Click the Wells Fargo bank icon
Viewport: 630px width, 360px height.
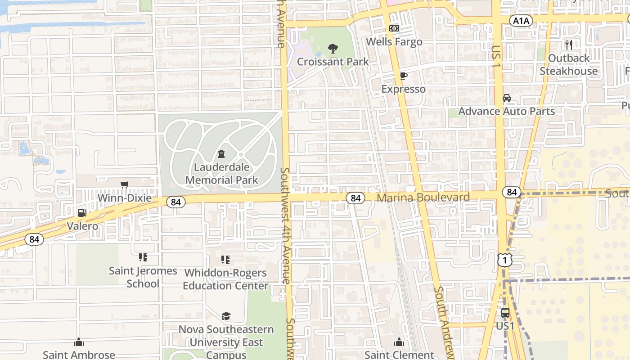coord(394,28)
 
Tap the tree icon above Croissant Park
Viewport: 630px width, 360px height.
coord(333,48)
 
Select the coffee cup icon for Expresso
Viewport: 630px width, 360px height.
coord(403,76)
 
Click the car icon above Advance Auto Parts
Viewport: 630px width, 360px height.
coord(507,98)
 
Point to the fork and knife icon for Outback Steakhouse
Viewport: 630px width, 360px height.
coord(569,45)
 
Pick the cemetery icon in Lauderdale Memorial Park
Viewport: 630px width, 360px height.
coord(221,154)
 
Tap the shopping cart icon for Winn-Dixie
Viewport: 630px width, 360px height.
coord(125,184)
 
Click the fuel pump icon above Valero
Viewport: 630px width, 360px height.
coord(82,212)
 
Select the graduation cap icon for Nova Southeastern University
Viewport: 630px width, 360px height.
coord(226,316)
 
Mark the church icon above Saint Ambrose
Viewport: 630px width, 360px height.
coord(79,342)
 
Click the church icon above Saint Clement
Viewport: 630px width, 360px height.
coord(399,342)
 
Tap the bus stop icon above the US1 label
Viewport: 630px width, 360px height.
coord(505,313)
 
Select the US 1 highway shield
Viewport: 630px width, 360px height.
coord(505,260)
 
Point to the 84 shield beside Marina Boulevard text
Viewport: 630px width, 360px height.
coord(355,198)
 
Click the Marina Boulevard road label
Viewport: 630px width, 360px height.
coord(423,198)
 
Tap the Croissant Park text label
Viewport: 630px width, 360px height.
coord(333,62)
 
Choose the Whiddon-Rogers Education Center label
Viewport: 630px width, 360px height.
coord(225,279)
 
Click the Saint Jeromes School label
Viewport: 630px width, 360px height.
coord(143,277)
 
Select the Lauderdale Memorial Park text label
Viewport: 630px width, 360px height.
coord(222,174)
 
